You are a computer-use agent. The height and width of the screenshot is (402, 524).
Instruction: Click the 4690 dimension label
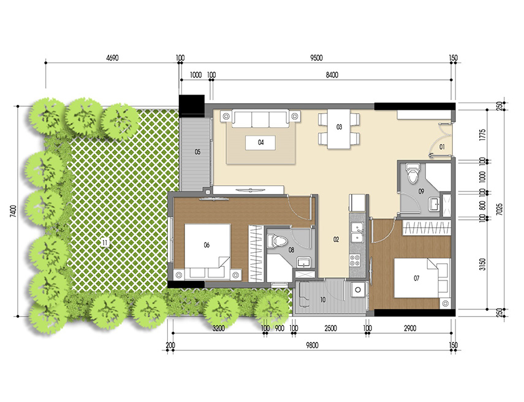(x=112, y=58)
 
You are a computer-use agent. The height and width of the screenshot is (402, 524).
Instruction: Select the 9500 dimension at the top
(x=316, y=58)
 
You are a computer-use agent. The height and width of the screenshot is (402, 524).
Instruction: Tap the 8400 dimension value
(x=332, y=75)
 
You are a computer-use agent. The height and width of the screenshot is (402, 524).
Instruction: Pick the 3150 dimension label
(x=482, y=265)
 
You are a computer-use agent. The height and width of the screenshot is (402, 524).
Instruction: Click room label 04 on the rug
(x=260, y=142)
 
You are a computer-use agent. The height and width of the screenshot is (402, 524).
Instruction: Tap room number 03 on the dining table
(x=338, y=128)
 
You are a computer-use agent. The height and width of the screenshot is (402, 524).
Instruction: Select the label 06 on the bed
(x=207, y=245)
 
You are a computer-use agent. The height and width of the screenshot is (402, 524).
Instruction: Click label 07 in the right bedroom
(x=416, y=279)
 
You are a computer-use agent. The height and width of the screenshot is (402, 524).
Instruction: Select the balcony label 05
(x=198, y=151)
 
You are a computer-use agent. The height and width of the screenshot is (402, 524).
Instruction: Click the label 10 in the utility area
(x=323, y=300)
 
